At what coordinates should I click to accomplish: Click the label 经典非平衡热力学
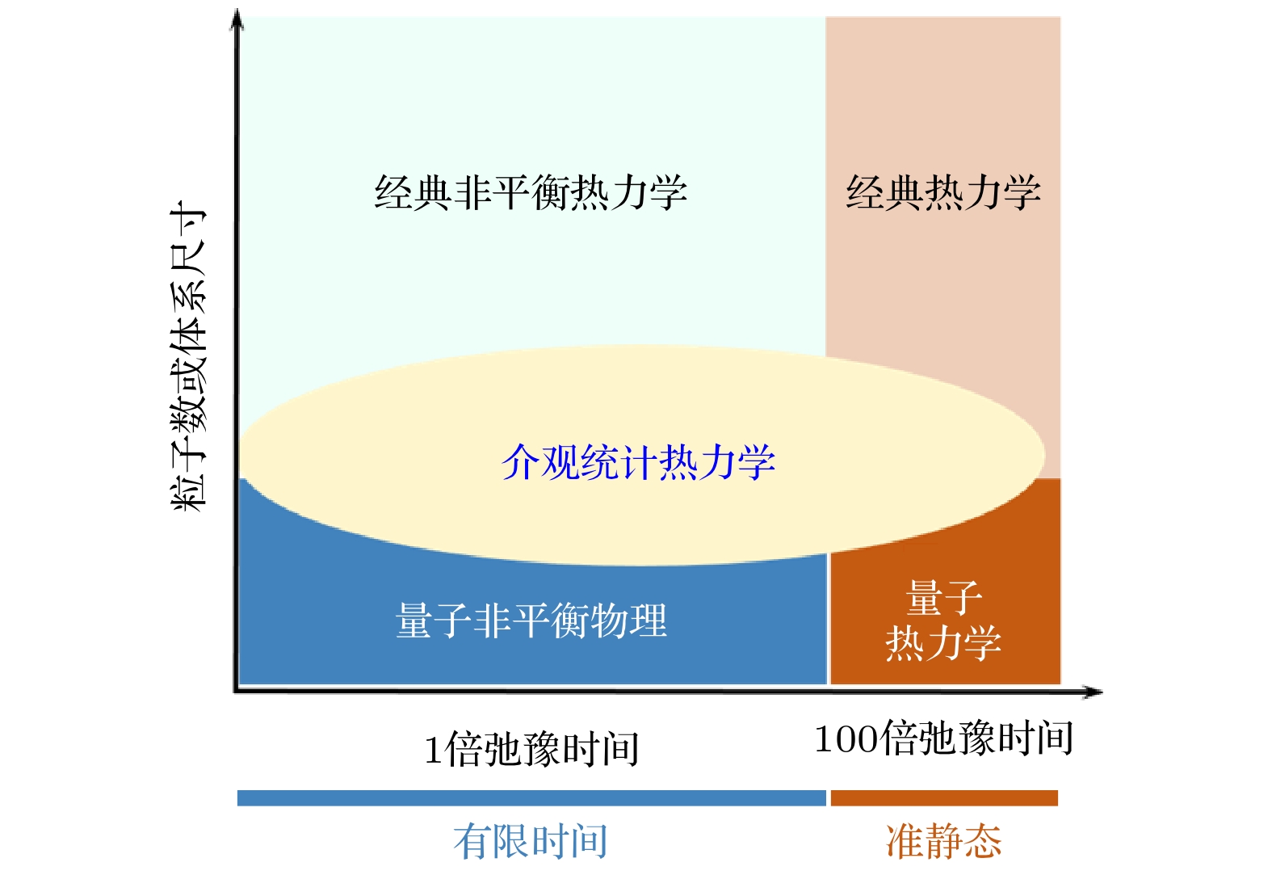(x=531, y=193)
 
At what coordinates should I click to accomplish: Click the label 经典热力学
(x=943, y=193)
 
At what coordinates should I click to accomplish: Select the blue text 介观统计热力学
(x=638, y=463)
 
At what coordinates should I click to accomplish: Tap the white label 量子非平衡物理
(x=531, y=621)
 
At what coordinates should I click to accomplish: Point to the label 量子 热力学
(x=943, y=621)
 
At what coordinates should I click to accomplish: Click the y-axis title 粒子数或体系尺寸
(x=189, y=355)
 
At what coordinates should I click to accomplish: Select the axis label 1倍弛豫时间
(x=531, y=749)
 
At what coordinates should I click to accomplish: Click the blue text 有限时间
(x=531, y=842)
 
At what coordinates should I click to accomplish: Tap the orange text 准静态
(x=943, y=842)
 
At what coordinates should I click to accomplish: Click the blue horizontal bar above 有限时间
(x=531, y=798)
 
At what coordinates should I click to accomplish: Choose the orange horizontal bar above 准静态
(x=943, y=798)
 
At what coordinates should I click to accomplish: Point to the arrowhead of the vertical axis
(x=237, y=18)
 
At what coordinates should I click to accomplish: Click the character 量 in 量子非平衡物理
(x=414, y=621)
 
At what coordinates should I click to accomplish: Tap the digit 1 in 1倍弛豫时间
(x=433, y=751)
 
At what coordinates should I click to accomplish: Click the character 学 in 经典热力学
(x=1022, y=193)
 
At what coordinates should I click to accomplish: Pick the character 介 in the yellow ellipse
(x=521, y=463)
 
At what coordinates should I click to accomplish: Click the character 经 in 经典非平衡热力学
(x=394, y=193)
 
